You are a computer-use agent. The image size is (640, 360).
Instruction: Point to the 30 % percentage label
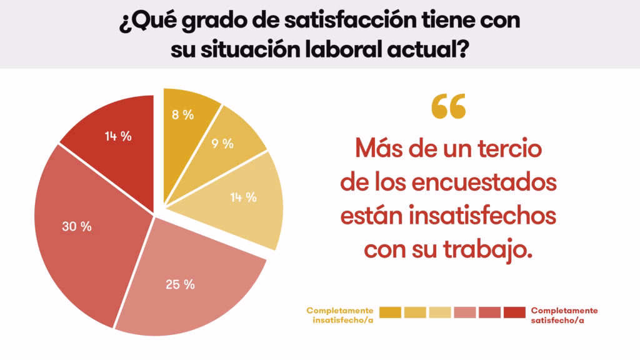point(77,226)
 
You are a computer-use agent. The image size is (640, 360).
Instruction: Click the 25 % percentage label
point(180,284)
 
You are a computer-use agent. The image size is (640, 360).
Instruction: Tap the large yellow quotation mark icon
point(448,107)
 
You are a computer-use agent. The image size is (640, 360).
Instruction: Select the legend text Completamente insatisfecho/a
point(340,315)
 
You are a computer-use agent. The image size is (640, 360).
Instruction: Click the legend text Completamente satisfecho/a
point(564,315)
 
